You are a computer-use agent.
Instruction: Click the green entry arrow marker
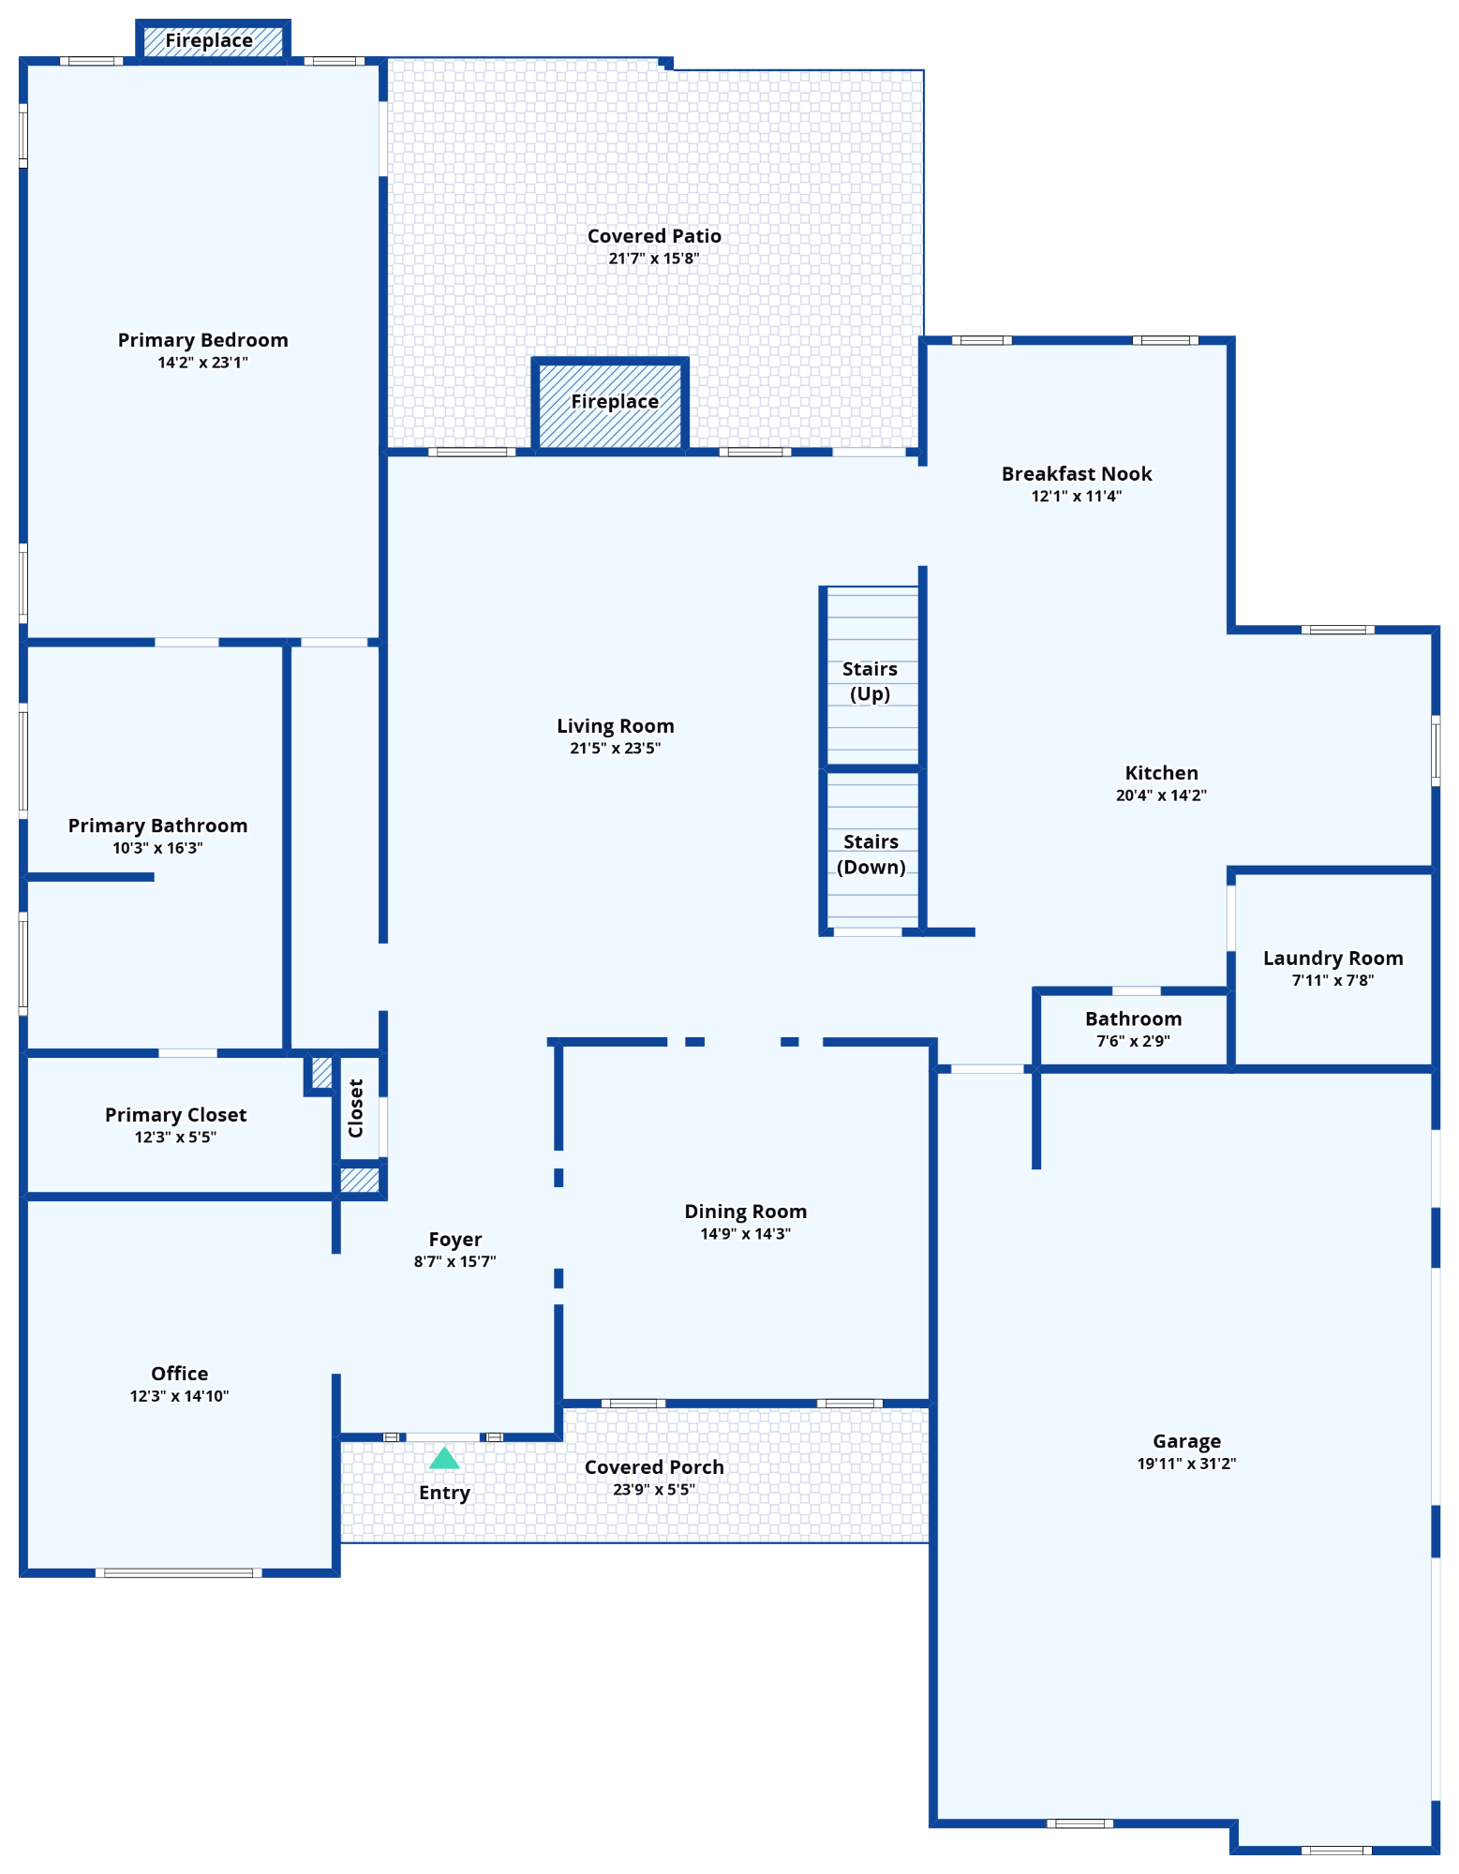click(x=444, y=1459)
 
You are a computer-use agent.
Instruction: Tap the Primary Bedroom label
click(x=202, y=340)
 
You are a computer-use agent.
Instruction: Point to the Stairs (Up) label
click(x=870, y=681)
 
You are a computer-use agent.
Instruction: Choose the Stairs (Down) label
click(x=871, y=854)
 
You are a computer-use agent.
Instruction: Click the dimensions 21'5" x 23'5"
click(x=615, y=749)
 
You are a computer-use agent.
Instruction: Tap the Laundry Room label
click(x=1332, y=958)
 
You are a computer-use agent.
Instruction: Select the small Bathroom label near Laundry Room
click(x=1133, y=1019)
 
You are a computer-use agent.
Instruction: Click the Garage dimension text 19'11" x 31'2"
click(x=1186, y=1464)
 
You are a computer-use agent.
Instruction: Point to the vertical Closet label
click(x=356, y=1108)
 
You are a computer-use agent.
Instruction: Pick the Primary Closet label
click(x=175, y=1115)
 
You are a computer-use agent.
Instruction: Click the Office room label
click(x=179, y=1374)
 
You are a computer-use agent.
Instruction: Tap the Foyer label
click(x=454, y=1240)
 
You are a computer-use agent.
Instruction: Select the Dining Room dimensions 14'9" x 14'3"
click(x=745, y=1234)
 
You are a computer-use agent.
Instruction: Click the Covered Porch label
click(x=654, y=1467)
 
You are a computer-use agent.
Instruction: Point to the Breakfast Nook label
click(x=1076, y=474)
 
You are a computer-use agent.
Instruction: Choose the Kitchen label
click(x=1161, y=773)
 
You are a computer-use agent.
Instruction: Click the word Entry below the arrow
click(x=444, y=1493)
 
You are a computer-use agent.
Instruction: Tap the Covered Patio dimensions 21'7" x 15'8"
click(x=653, y=259)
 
